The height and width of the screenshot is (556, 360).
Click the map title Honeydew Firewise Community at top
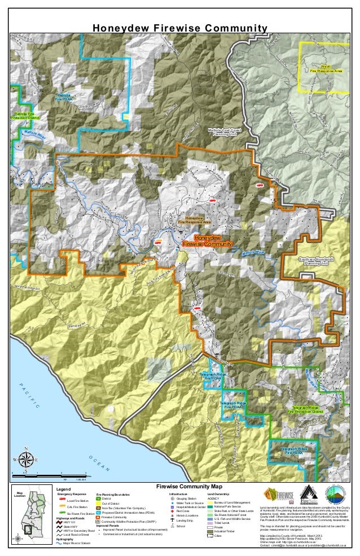(179, 29)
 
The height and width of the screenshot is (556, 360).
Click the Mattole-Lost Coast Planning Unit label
(224, 133)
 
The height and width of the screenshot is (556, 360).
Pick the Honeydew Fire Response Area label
(194, 220)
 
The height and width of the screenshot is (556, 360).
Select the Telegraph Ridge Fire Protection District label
(306, 409)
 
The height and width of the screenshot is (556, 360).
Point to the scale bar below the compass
(48, 476)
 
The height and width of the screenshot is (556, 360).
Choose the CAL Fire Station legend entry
(77, 508)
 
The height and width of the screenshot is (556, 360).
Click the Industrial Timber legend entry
(226, 531)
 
